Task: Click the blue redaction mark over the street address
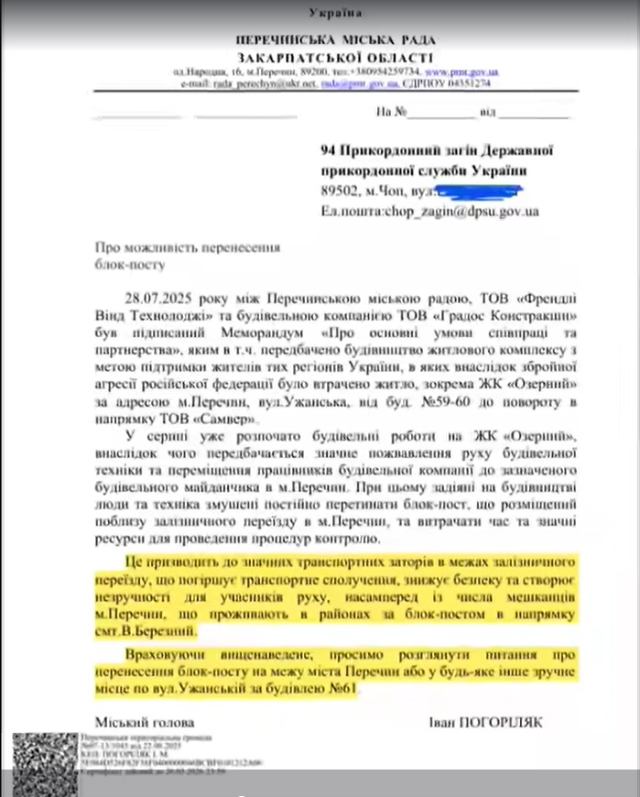pos(479,191)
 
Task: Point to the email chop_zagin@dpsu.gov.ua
pos(458,211)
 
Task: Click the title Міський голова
pos(136,721)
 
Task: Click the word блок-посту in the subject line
pos(130,265)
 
